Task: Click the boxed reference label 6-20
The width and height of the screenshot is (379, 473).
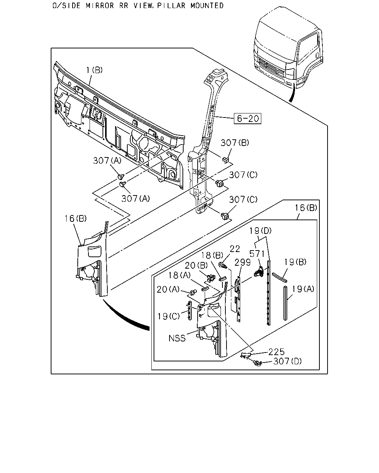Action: click(x=247, y=119)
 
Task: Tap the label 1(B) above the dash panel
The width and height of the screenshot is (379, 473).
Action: click(x=94, y=70)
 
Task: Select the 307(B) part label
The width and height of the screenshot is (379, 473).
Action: click(x=235, y=143)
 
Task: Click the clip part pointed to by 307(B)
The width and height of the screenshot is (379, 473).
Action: click(x=225, y=160)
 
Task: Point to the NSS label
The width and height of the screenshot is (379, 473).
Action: click(x=177, y=338)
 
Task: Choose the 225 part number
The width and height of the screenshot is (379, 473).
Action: click(x=276, y=352)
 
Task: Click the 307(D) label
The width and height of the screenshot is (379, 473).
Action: click(x=287, y=361)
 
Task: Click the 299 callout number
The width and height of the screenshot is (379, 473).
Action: click(x=243, y=262)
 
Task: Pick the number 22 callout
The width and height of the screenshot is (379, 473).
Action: click(x=235, y=249)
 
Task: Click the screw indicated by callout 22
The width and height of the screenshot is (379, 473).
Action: click(x=222, y=265)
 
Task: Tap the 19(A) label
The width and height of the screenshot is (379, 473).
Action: click(x=303, y=289)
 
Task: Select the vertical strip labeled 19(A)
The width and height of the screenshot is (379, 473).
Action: click(x=285, y=303)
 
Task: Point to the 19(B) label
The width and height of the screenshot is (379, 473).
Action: click(x=295, y=262)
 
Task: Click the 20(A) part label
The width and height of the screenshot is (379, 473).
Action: click(x=168, y=289)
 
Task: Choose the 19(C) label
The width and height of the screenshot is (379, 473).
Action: click(x=168, y=316)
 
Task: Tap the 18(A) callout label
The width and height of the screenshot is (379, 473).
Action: click(x=180, y=275)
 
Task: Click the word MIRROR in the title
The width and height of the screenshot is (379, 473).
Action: click(x=100, y=6)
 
